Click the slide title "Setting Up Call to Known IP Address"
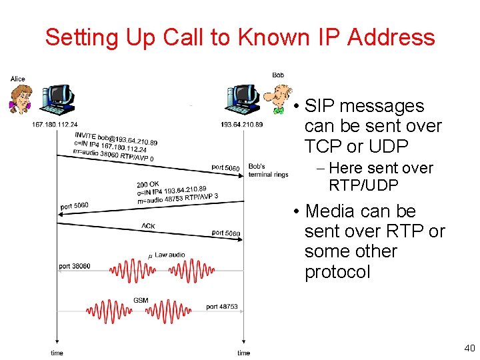[239, 37]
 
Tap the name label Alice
[18, 79]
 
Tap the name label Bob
[278, 75]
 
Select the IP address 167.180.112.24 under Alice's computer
[55, 124]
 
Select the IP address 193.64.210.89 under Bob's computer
[241, 124]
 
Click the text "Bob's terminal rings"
[268, 170]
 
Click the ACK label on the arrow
[148, 226]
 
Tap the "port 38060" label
[75, 266]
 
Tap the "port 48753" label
[222, 307]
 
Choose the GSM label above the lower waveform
[141, 301]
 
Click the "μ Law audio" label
[167, 254]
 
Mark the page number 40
[469, 347]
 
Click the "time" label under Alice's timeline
[57, 353]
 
